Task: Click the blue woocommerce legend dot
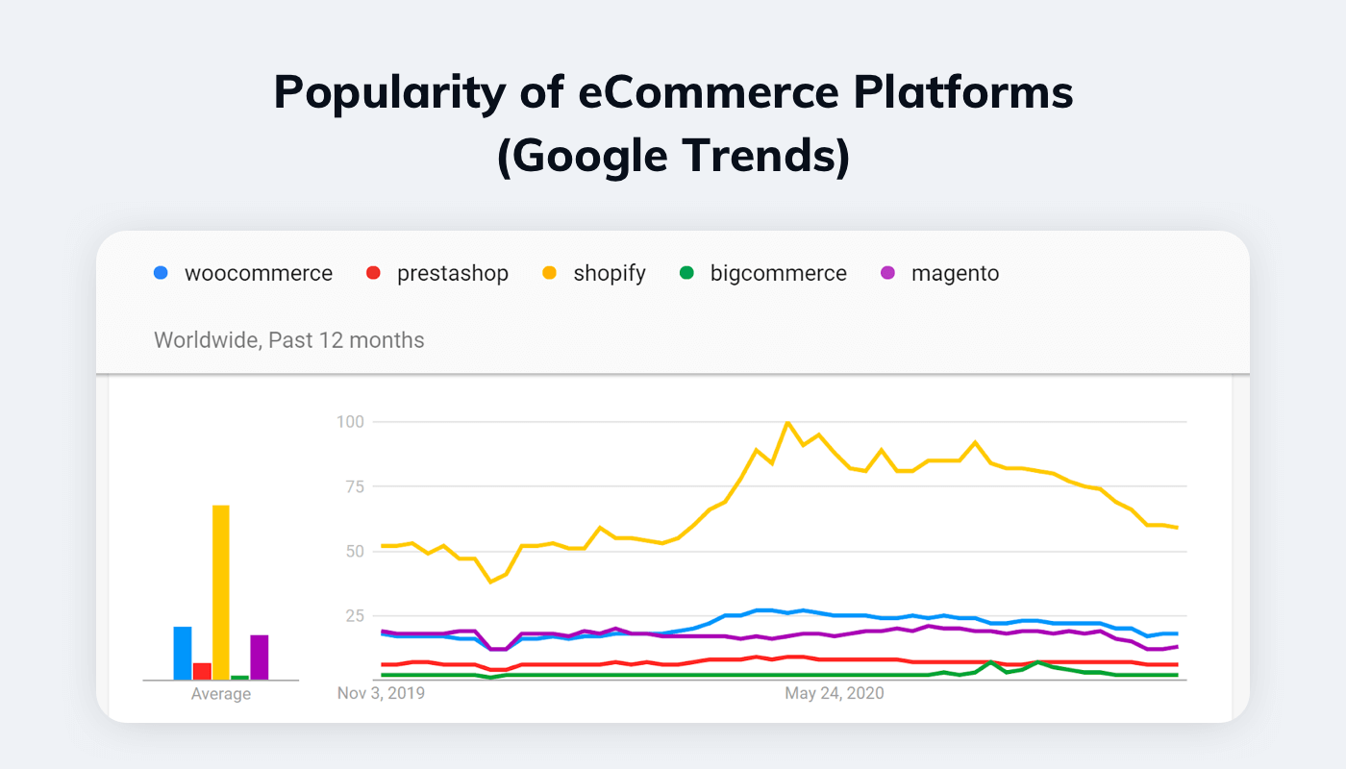coord(161,273)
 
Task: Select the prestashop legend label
coord(452,273)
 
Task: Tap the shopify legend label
coord(610,273)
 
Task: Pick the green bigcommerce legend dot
coord(685,273)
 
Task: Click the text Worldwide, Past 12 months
coord(288,339)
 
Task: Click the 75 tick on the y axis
coord(353,486)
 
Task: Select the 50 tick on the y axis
coord(353,551)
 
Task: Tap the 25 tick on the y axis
coord(353,615)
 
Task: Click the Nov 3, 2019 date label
coord(381,693)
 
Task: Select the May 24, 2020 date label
coord(834,693)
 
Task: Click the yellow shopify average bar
coord(221,592)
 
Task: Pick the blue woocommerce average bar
coord(183,653)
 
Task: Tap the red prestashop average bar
coord(202,671)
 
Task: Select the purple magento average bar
coord(260,657)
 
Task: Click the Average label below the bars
coord(221,694)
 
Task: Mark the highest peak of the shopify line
coord(787,422)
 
